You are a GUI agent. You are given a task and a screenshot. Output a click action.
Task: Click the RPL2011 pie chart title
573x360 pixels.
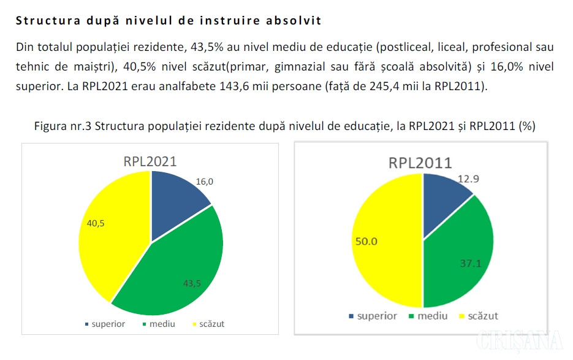click(x=420, y=163)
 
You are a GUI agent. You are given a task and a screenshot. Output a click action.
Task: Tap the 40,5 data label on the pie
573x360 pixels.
click(x=96, y=223)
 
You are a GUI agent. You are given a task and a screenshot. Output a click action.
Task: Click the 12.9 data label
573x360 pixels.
click(x=469, y=179)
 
